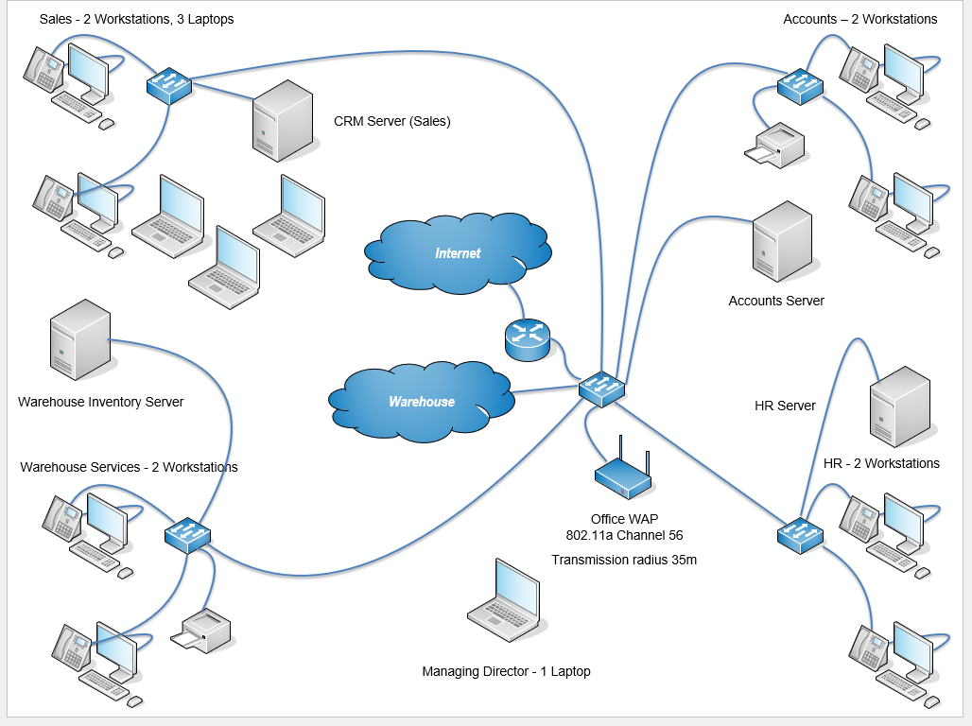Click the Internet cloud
tap(458, 253)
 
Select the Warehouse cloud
tap(422, 401)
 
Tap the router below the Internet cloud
tap(527, 339)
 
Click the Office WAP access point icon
tap(623, 474)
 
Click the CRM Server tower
tap(282, 120)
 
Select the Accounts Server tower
tap(782, 241)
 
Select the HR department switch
tap(801, 536)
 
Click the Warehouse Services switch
tap(187, 535)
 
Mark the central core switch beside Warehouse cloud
tap(601, 389)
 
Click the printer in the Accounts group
tap(775, 146)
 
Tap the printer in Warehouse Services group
tap(202, 631)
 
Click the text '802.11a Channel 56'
tap(624, 535)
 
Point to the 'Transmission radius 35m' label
tap(624, 560)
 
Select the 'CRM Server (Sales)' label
tap(392, 121)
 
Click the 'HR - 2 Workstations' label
tap(881, 463)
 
